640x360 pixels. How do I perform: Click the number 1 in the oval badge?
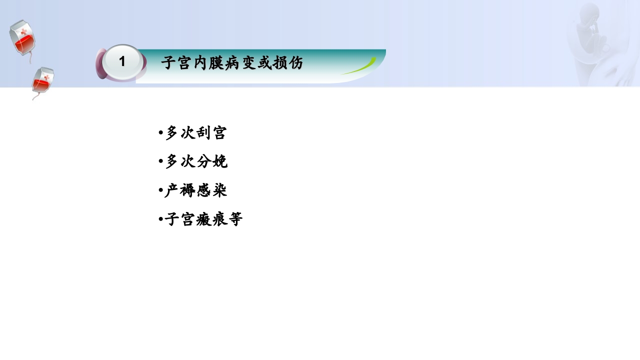tap(122, 61)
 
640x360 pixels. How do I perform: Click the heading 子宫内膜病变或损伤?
tap(232, 63)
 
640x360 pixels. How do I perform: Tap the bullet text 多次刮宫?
tap(196, 133)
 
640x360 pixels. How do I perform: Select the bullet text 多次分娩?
tap(196, 161)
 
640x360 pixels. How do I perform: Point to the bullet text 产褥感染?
tap(196, 190)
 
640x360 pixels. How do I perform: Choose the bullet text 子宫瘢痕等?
tap(203, 219)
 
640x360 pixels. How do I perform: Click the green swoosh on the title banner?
tap(360, 67)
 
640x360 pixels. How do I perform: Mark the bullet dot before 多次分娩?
tap(160, 162)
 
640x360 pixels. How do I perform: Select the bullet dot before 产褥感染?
tap(160, 191)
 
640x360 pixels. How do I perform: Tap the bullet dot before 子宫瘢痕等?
tap(160, 219)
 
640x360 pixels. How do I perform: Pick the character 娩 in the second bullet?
tap(219, 161)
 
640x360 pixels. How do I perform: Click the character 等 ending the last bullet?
tap(235, 219)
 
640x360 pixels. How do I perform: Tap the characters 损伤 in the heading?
tap(288, 63)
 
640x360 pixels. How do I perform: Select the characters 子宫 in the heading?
tap(176, 63)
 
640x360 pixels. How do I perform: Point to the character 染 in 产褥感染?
tap(219, 190)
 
